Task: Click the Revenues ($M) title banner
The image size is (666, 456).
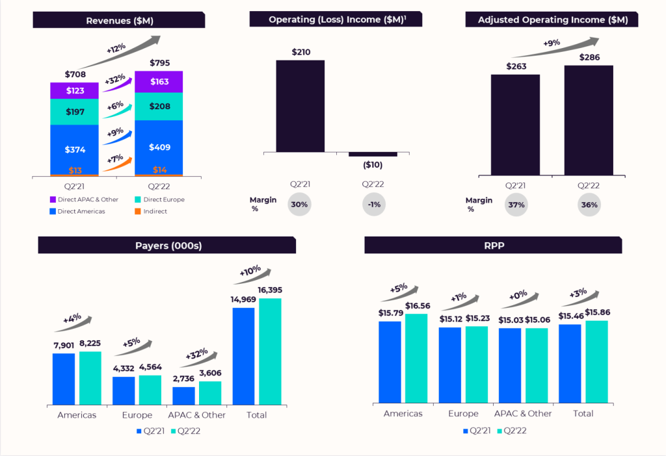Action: click(x=119, y=20)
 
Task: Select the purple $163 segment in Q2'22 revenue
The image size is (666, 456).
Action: click(x=159, y=82)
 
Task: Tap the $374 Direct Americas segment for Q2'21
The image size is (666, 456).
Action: click(x=75, y=149)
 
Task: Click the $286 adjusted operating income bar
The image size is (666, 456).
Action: click(x=589, y=120)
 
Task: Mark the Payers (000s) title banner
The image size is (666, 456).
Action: click(x=166, y=246)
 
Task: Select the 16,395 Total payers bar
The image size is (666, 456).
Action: click(x=270, y=351)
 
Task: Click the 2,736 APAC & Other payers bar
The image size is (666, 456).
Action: click(x=183, y=396)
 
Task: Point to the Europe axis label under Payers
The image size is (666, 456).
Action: click(x=137, y=415)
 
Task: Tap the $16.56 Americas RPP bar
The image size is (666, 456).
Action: click(x=416, y=358)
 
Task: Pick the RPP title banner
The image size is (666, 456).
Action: click(x=493, y=246)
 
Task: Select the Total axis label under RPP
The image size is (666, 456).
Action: click(x=583, y=413)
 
